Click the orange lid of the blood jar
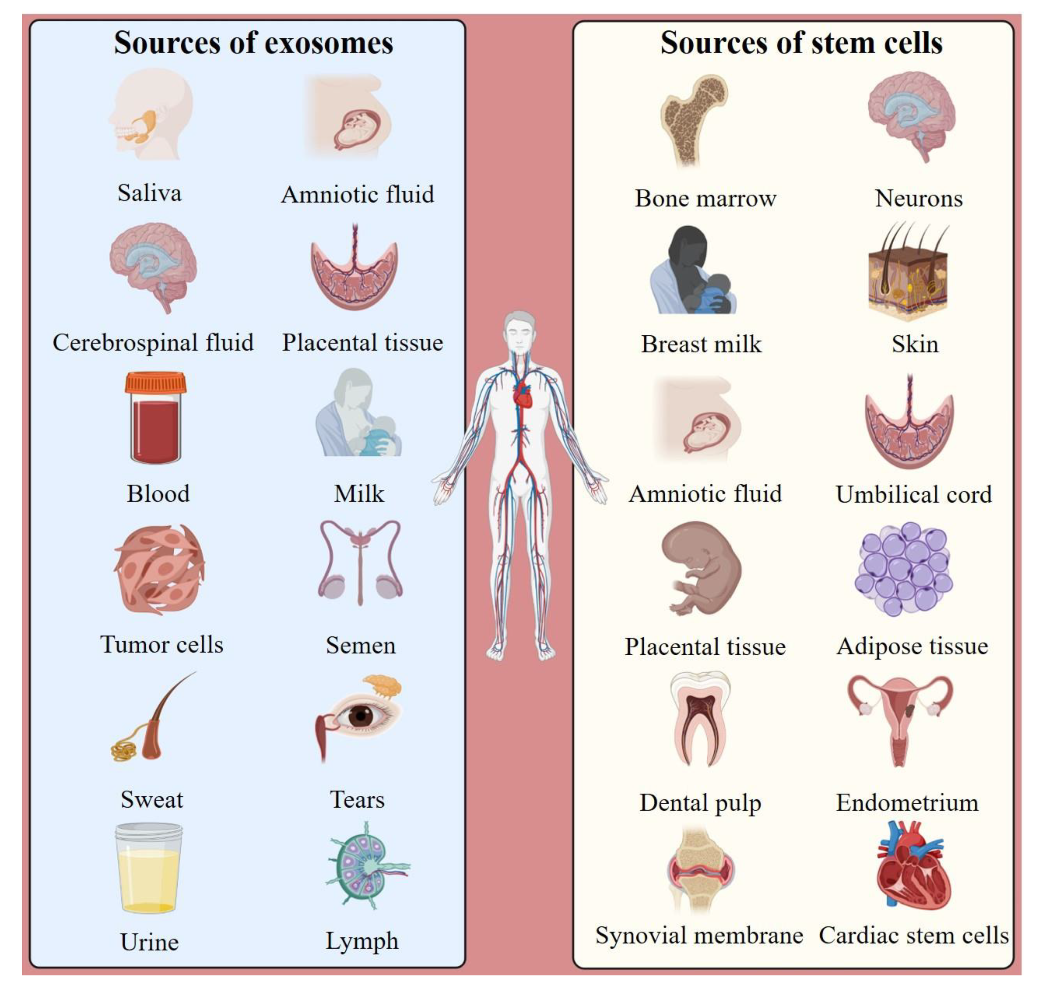(x=155, y=383)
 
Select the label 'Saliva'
(x=150, y=193)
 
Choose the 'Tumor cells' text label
(x=162, y=644)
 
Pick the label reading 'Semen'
(x=361, y=645)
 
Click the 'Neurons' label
(x=918, y=198)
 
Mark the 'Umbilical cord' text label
(x=914, y=494)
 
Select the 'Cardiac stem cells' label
(x=914, y=935)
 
